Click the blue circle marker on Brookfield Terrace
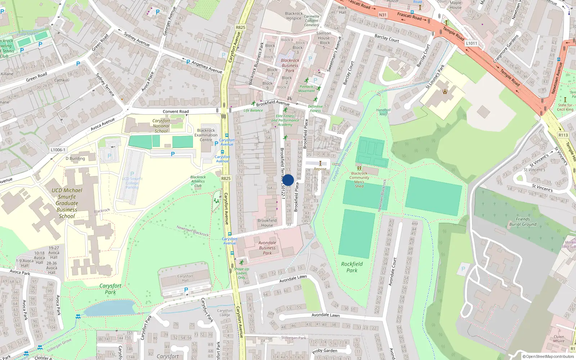click(x=288, y=180)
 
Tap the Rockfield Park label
click(x=352, y=267)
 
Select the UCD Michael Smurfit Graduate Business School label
click(x=67, y=203)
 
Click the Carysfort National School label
click(x=161, y=126)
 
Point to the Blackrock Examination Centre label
click(x=206, y=135)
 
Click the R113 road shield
click(x=563, y=135)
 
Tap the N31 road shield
click(x=383, y=15)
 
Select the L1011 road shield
click(x=472, y=43)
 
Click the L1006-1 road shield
click(x=58, y=150)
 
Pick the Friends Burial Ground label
click(x=523, y=221)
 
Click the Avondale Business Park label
click(x=267, y=248)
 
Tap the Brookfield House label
click(x=267, y=223)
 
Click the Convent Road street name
click(x=175, y=112)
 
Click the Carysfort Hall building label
click(x=185, y=278)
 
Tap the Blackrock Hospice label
click(x=294, y=16)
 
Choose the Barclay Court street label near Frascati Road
click(x=387, y=38)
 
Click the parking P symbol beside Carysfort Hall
click(x=186, y=289)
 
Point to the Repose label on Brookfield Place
click(x=320, y=169)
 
